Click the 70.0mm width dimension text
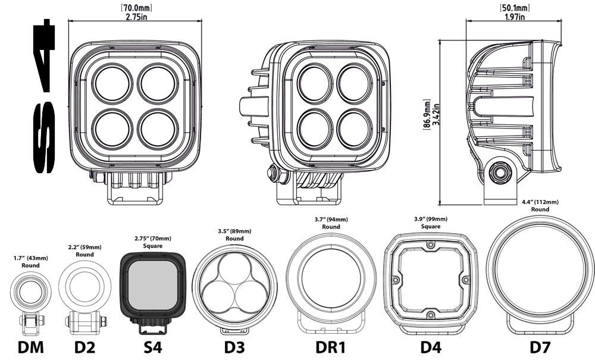(x=136, y=8)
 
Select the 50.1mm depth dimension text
(x=514, y=8)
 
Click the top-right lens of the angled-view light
(x=355, y=83)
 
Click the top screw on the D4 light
(x=430, y=243)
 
